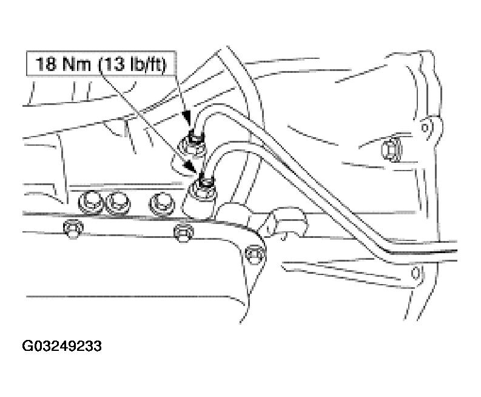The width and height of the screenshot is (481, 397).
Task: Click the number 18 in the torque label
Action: coord(45,64)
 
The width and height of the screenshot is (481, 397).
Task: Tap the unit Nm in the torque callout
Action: coord(76,64)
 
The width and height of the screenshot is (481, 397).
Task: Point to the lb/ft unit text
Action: coord(147,64)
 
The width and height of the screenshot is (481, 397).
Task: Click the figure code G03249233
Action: coord(62,346)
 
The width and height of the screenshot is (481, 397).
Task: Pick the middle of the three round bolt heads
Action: coord(118,203)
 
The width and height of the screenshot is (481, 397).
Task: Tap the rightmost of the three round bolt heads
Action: coord(162,204)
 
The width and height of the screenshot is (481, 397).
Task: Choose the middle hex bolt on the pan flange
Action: coord(184,232)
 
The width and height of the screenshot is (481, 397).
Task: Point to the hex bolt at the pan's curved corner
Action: coord(255,253)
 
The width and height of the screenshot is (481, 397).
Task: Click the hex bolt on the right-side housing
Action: coord(392,151)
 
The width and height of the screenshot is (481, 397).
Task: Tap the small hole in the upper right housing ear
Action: coord(425,126)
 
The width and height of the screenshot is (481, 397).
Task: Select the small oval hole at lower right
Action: coord(415,273)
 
